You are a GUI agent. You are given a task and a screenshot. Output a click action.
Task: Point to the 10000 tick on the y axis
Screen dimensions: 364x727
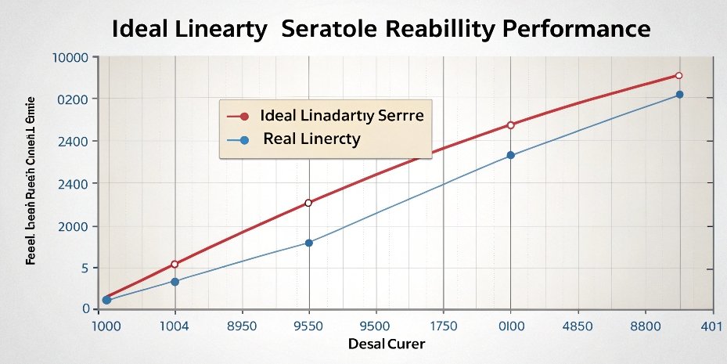(x=71, y=58)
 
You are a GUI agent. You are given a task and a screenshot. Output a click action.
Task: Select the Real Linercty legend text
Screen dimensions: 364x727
(x=311, y=140)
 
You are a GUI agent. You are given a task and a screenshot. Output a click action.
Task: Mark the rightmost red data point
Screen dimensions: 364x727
(x=678, y=76)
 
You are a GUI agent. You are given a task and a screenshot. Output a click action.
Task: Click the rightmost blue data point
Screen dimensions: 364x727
(x=679, y=95)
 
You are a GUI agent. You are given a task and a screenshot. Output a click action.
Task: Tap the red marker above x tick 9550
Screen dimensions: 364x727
(x=308, y=203)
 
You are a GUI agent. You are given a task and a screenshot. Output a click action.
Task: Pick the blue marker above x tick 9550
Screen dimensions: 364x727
(x=308, y=243)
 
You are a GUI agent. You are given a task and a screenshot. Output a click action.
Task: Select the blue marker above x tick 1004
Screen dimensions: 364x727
(x=175, y=281)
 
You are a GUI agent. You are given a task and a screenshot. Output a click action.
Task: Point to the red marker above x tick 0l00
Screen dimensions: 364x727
(x=511, y=125)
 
